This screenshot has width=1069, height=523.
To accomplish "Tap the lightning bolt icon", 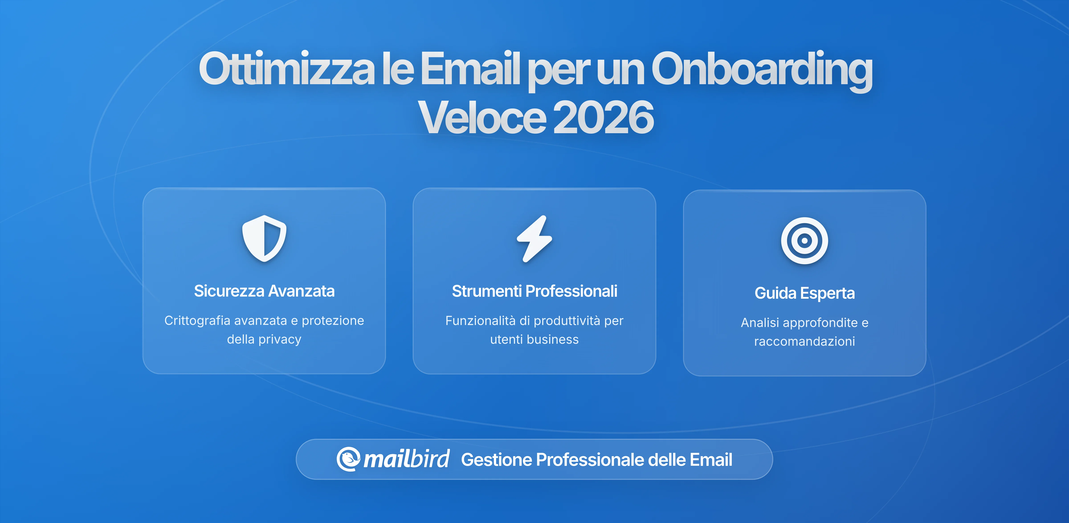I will pyautogui.click(x=534, y=239).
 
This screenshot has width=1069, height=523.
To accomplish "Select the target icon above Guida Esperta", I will pyautogui.click(x=804, y=241).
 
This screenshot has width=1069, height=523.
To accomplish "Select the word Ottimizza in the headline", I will pyautogui.click(x=286, y=69).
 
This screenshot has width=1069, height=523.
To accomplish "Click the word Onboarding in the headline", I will pyautogui.click(x=761, y=69).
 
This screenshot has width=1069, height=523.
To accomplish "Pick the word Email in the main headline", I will pyautogui.click(x=470, y=69).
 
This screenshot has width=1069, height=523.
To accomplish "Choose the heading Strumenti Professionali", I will pyautogui.click(x=534, y=291).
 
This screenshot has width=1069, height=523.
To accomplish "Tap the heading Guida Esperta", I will pyautogui.click(x=804, y=293).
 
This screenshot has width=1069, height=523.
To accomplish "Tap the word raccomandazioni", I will pyautogui.click(x=804, y=341).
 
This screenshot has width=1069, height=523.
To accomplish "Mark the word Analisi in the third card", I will pyautogui.click(x=759, y=323).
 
